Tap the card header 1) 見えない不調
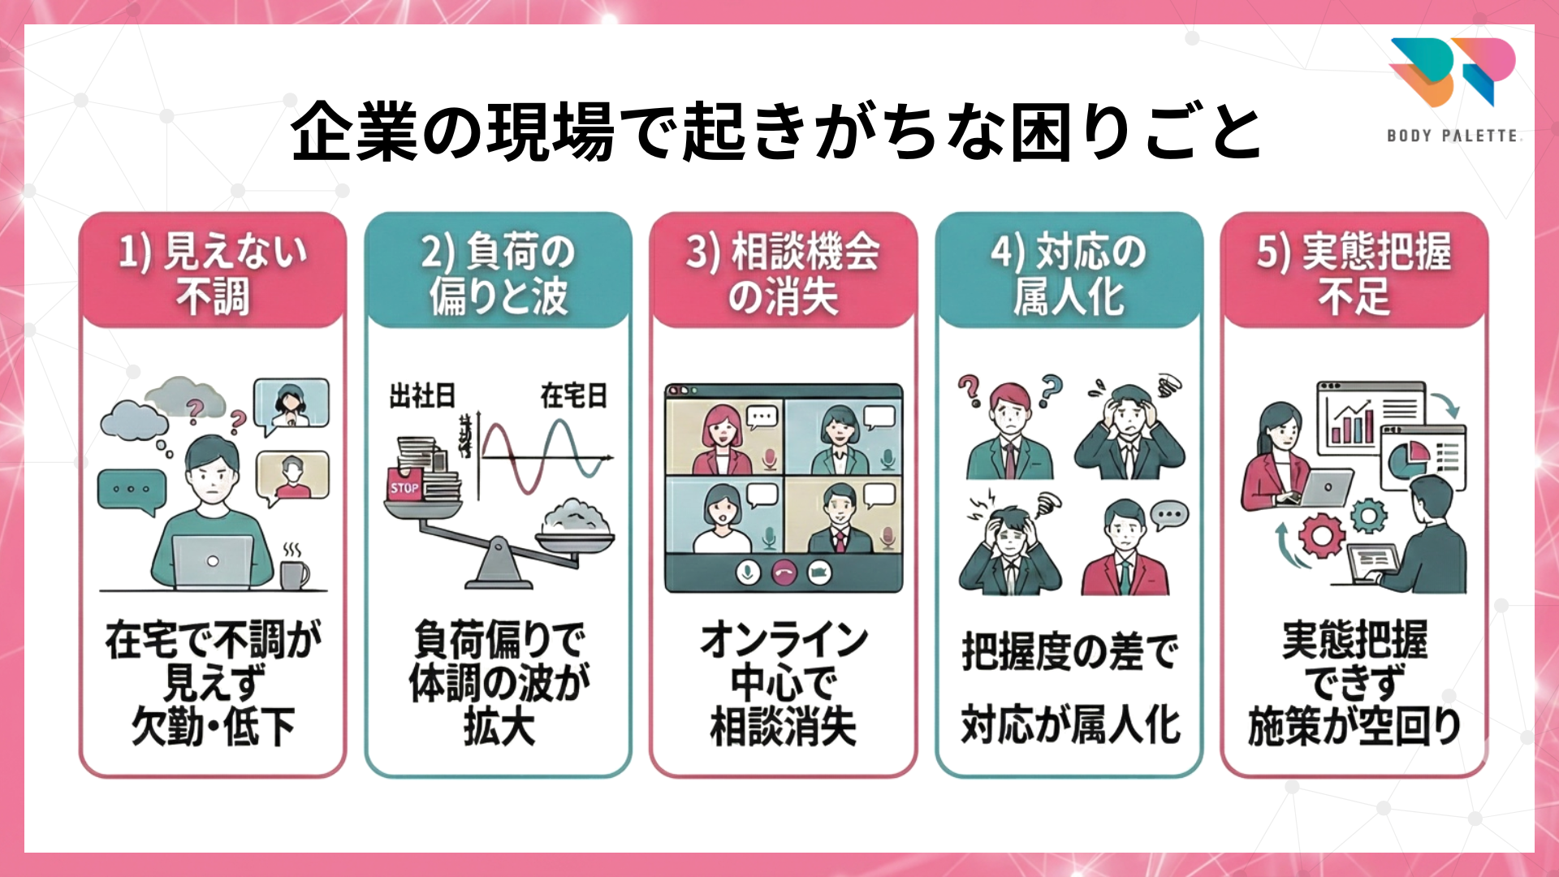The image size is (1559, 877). click(213, 273)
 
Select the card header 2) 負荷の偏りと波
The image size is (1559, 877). click(498, 273)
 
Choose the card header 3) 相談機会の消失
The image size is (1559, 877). click(783, 273)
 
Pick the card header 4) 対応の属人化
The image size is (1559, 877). click(1069, 273)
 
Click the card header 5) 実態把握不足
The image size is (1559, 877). click(1354, 273)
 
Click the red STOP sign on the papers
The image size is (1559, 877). click(404, 486)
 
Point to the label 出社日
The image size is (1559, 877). click(422, 396)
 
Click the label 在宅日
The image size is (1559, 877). click(574, 396)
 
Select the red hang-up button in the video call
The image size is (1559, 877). click(784, 573)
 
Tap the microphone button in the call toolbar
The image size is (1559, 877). click(748, 573)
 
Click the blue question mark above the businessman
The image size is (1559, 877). click(1051, 388)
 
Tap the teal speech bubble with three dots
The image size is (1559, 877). click(131, 490)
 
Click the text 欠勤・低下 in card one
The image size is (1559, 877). click(213, 726)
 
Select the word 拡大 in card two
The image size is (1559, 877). click(499, 726)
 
